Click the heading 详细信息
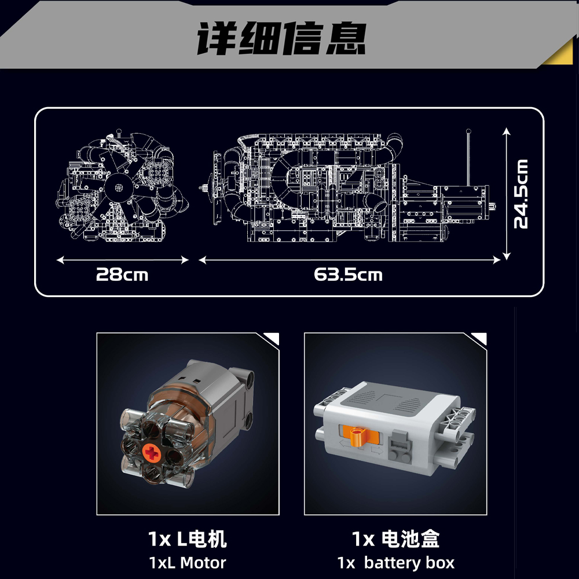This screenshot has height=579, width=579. click(x=281, y=38)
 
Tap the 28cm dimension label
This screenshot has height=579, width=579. click(x=122, y=274)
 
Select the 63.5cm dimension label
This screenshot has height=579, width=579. click(x=348, y=274)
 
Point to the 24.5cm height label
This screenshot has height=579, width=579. click(x=521, y=194)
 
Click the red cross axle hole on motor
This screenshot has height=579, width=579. click(x=151, y=453)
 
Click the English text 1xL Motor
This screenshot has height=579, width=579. click(x=187, y=563)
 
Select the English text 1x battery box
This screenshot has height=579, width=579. click(x=396, y=563)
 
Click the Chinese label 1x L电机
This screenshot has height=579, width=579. click(x=187, y=538)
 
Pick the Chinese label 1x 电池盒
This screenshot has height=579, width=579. click(x=396, y=538)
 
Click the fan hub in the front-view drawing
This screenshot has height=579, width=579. click(x=118, y=188)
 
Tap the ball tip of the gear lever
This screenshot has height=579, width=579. click(x=468, y=131)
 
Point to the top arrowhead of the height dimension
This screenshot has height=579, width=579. click(x=507, y=131)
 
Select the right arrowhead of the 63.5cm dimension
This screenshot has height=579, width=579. click(x=496, y=260)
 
